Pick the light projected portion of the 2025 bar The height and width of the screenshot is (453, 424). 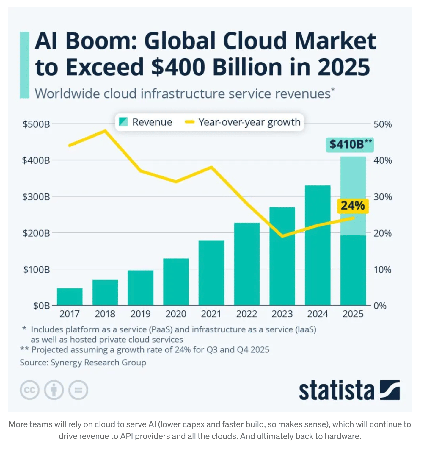tap(353, 185)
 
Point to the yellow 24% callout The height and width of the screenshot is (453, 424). tap(353, 206)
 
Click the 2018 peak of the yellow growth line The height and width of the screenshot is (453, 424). tap(105, 131)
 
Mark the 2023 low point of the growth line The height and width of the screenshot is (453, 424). tap(282, 236)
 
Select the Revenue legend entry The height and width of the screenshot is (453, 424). tap(146, 122)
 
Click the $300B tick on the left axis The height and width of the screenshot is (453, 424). tap(36, 197)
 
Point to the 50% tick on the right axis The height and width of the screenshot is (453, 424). tap(382, 124)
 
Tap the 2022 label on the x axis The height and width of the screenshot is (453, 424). tap(246, 314)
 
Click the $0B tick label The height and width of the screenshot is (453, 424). tap(41, 306)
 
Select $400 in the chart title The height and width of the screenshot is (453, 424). tap(178, 67)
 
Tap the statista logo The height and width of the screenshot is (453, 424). tap(349, 390)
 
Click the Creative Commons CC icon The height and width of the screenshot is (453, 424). tap(30, 390)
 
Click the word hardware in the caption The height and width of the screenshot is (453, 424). tap(342, 436)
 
